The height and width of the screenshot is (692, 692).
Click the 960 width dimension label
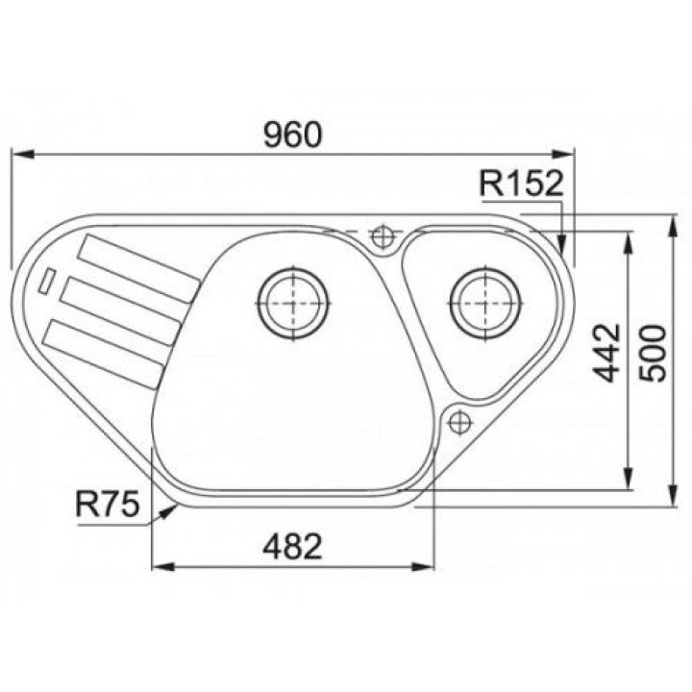tap(293, 135)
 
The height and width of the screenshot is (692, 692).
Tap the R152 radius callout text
tap(521, 184)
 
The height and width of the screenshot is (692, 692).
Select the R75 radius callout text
tap(108, 504)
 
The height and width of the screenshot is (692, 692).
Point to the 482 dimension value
tap(292, 546)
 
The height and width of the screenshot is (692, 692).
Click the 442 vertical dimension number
tap(606, 353)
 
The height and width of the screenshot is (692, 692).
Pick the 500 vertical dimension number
tap(653, 353)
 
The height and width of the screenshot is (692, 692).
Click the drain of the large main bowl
tap(293, 303)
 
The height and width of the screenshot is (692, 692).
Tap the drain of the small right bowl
tap(485, 303)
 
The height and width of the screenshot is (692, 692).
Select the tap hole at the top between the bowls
tap(382, 237)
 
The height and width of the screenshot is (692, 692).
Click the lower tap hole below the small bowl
tap(459, 422)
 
